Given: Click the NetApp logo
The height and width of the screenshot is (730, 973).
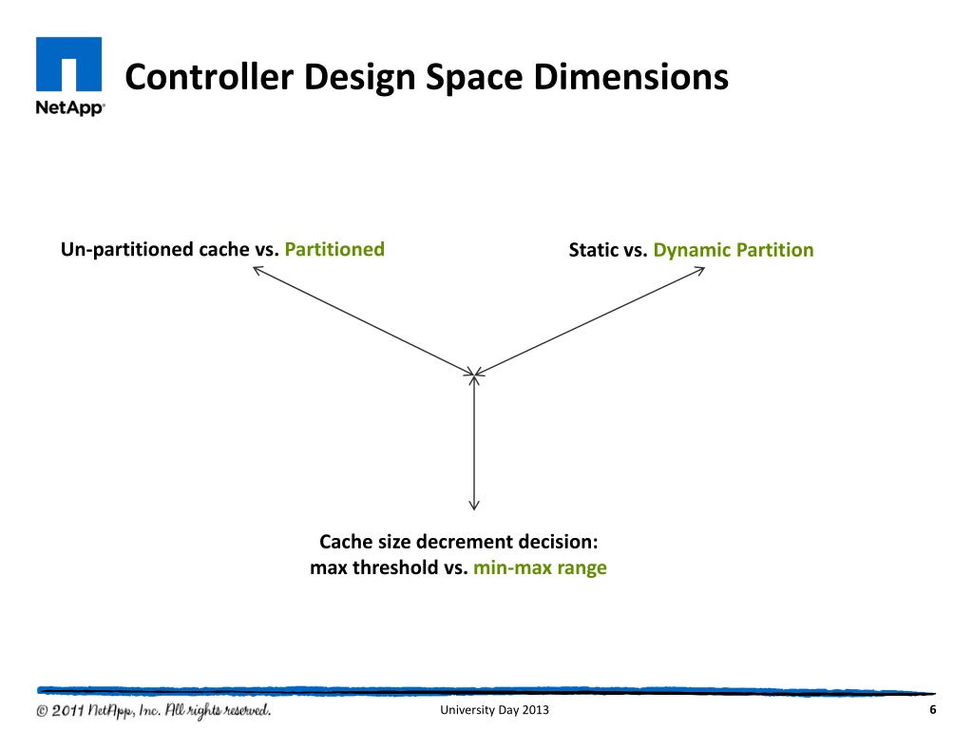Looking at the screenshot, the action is (x=69, y=76).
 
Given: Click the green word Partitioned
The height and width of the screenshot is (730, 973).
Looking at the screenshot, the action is (x=334, y=250).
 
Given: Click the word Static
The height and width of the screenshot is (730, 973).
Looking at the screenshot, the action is (x=594, y=251).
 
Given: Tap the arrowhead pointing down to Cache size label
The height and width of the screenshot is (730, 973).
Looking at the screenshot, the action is (x=474, y=507).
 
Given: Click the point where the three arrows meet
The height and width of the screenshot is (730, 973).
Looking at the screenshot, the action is (x=474, y=373).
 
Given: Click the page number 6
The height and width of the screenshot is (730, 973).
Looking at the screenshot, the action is (x=932, y=711).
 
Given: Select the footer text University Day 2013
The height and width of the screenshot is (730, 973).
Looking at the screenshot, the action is (x=494, y=712).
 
